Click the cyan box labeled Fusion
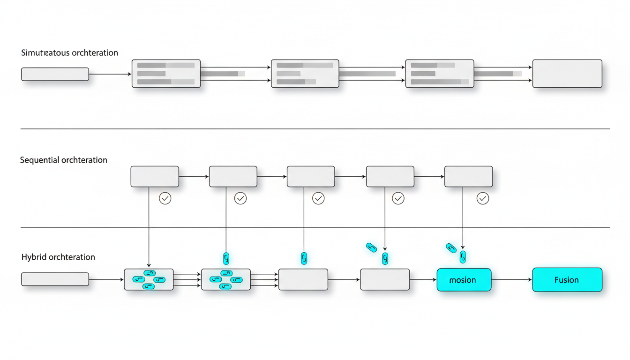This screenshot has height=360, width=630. point(567,280)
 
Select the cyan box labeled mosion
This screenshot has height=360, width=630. point(464,280)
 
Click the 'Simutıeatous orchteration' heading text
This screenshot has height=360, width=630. point(69,53)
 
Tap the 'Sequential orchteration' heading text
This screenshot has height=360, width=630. point(64,160)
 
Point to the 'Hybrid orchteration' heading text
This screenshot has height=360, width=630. point(58,257)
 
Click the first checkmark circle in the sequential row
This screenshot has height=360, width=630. point(165,198)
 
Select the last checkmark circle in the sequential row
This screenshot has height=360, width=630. point(482,198)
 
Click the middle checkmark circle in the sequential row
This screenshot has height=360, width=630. point(318,198)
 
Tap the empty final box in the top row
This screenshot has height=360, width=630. point(567,74)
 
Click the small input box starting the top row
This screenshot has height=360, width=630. point(55,74)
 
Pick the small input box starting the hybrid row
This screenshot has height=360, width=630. point(55,279)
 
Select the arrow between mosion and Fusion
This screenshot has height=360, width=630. point(511,280)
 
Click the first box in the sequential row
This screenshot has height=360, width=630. point(154,177)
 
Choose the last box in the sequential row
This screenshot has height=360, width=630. point(468,177)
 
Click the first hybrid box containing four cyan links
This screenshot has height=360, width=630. point(149,279)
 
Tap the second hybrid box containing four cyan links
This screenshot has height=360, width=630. point(226,279)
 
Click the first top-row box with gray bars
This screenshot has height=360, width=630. point(166,74)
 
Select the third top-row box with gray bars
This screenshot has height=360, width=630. point(439,74)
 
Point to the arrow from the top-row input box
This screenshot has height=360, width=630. point(110,74)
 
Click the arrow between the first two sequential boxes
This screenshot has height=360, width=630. point(194,177)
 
